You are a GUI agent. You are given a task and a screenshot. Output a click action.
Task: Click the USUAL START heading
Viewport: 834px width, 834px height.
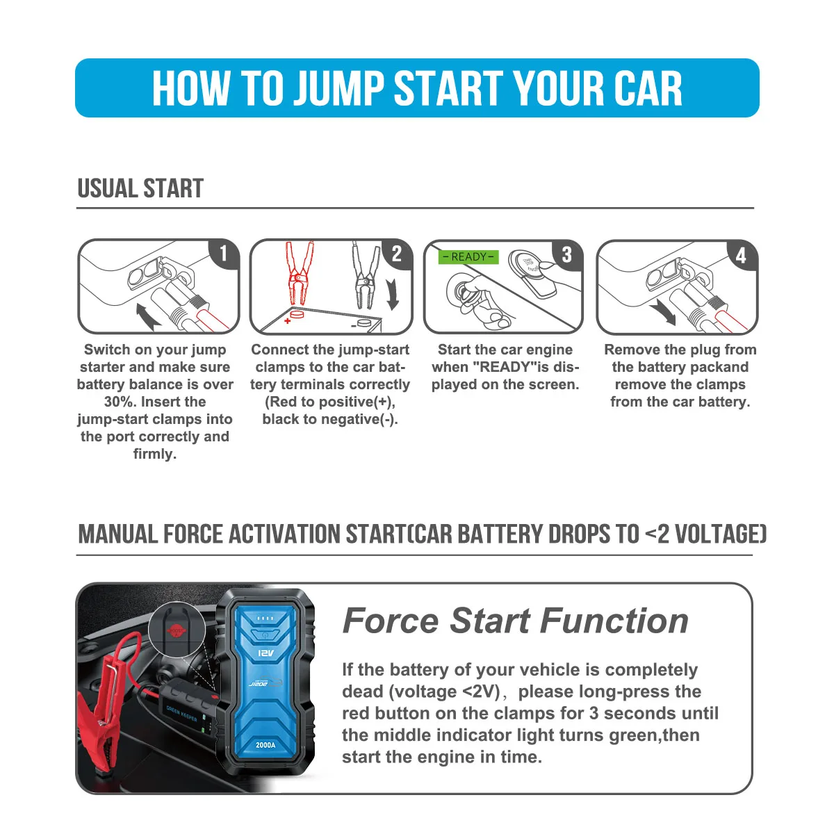coord(140,188)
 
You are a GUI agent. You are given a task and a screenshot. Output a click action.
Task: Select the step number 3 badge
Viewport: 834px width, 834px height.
coord(566,254)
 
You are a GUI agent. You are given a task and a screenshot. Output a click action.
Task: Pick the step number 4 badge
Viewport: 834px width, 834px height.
coord(741,255)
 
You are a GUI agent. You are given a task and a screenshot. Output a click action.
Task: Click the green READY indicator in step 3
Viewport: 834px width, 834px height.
coord(468,257)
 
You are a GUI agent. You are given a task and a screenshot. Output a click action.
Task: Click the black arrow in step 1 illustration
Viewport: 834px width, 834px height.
coord(148,316)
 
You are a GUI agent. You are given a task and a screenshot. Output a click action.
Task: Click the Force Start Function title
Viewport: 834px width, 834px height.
coord(515,621)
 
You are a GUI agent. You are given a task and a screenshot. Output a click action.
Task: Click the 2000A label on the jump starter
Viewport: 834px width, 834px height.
coord(265,745)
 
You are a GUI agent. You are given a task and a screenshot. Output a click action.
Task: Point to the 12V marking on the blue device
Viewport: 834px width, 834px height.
coord(266,654)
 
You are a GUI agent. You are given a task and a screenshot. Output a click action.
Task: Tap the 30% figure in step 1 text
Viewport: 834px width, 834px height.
coord(120,402)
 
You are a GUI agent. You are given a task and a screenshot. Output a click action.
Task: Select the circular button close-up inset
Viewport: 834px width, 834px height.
coord(177,630)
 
